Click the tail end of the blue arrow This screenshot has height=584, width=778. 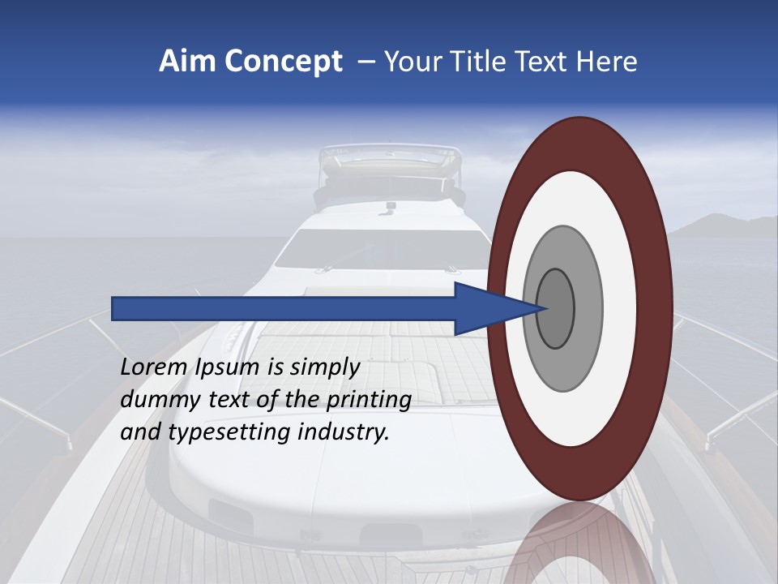114,308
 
